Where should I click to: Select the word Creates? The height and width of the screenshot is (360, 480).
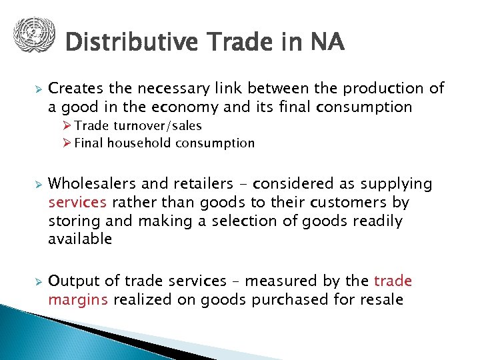tap(74, 89)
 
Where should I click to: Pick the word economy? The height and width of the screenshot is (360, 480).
tap(182, 107)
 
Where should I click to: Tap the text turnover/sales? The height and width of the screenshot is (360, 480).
tap(162, 125)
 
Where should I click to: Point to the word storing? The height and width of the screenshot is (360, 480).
tap(71, 221)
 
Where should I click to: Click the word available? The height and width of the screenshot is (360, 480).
tap(80, 239)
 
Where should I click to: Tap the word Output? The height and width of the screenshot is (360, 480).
tap(71, 281)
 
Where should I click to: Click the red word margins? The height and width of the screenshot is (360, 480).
tap(78, 299)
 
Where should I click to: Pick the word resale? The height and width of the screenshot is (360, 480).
tap(381, 299)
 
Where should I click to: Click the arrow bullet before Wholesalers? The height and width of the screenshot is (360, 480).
tap(38, 184)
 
